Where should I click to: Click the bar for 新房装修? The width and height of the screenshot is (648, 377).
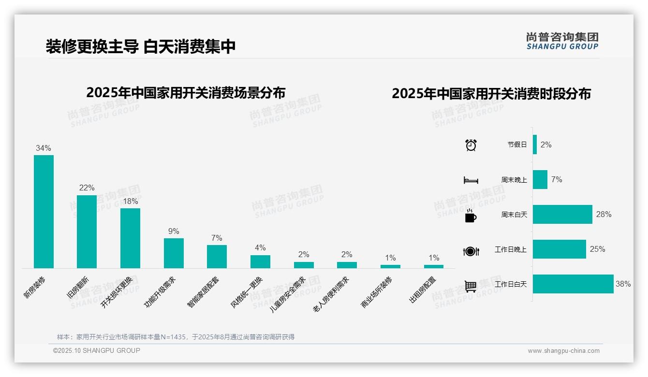coord(44,211)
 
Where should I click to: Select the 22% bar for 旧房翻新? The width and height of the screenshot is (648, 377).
coord(87,232)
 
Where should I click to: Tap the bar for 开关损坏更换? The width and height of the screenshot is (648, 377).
coord(130,238)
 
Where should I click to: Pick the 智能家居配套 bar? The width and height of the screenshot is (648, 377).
coord(217,256)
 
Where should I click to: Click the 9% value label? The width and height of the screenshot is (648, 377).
coord(174,232)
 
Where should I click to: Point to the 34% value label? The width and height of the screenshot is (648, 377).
coord(44,148)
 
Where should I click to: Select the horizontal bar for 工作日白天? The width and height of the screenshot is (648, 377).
coord(573,284)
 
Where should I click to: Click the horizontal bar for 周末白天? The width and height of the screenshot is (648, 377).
coord(562,214)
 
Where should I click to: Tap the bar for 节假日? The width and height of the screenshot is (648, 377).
coord(535,145)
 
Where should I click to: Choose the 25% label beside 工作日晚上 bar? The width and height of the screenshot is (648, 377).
coord(597,249)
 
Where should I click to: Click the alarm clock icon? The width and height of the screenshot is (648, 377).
coord(471,145)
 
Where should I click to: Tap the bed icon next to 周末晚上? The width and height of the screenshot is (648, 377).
coord(471,180)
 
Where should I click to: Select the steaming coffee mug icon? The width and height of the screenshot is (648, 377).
coord(471,216)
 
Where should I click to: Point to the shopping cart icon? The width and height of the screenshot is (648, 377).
coord(471,286)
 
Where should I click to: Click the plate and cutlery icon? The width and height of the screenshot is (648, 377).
coord(471,251)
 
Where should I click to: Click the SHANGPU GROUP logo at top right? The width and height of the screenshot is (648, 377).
coord(562,41)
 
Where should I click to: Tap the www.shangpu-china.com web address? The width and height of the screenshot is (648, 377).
coord(563,351)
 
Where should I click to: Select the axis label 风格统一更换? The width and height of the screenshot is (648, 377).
coord(247,292)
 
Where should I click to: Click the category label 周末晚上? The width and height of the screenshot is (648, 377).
coord(514,180)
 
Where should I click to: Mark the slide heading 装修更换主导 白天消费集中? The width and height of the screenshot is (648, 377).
coord(141,46)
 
